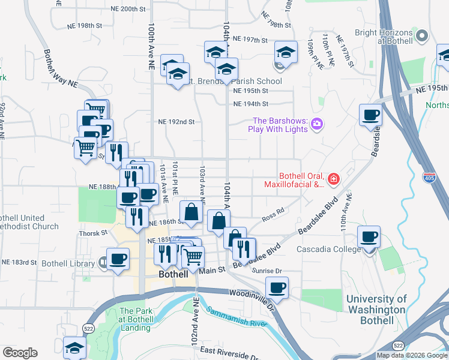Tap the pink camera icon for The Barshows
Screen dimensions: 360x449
(318, 125)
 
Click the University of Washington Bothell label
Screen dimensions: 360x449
(376, 309)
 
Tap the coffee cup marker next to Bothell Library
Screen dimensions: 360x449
(118, 259)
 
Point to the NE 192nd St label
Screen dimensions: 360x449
(176, 121)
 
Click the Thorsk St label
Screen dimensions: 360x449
(92, 233)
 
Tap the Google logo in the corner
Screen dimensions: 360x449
(20, 353)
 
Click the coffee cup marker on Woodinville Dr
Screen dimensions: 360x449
(277, 287)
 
